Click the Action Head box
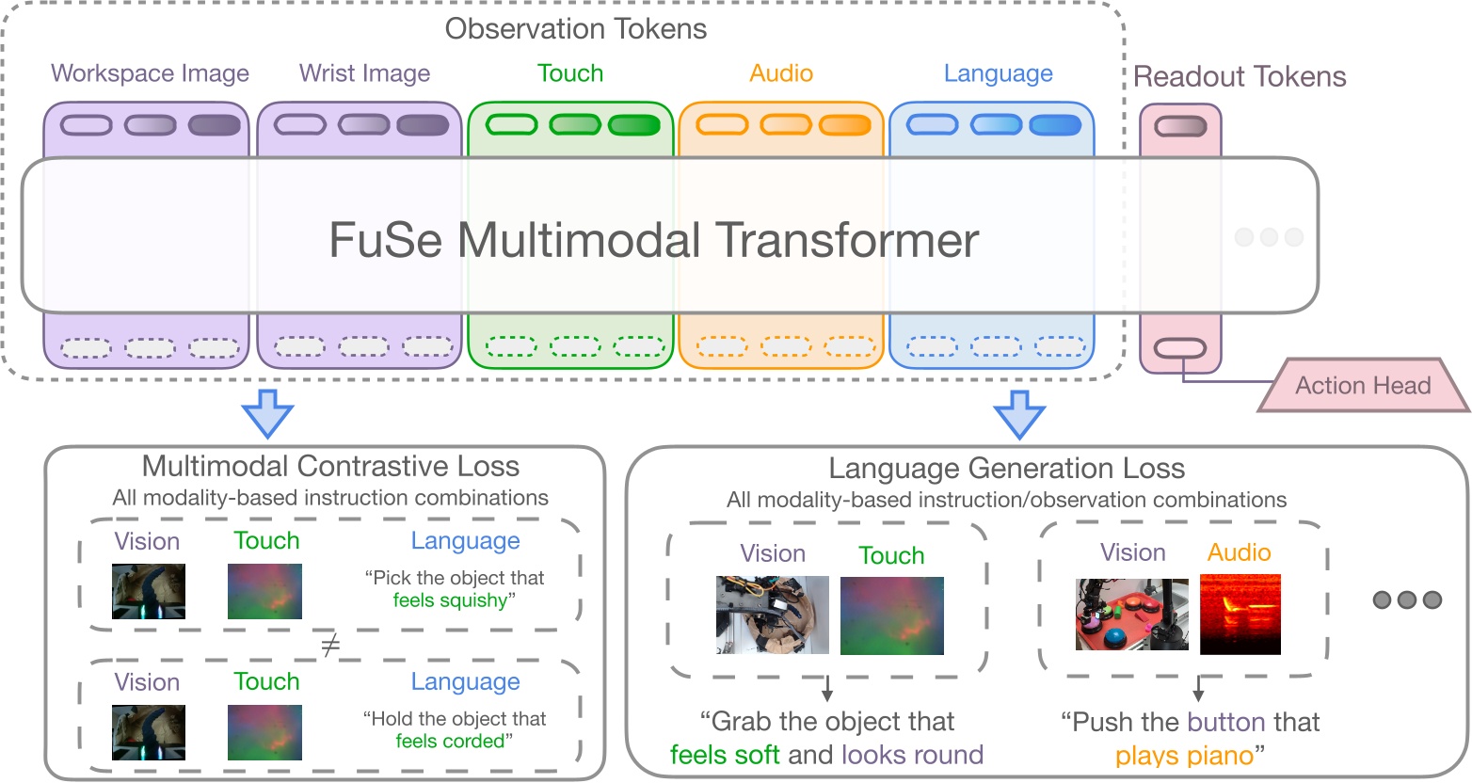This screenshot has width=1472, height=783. (1363, 385)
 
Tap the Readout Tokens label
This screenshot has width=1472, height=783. (1240, 76)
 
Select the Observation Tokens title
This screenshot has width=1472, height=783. (575, 29)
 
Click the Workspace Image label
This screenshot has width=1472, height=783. (150, 73)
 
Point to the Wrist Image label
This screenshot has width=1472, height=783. (364, 73)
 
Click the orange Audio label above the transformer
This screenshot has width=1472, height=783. (781, 73)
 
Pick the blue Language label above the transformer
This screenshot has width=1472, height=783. (998, 73)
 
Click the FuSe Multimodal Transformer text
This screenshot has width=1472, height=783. (653, 239)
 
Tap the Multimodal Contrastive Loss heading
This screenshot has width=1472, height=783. (330, 466)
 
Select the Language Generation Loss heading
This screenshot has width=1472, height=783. (1006, 468)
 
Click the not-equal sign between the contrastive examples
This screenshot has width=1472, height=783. (329, 646)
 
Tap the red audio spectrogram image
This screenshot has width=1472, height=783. (1240, 615)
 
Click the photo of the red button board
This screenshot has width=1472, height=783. (1132, 615)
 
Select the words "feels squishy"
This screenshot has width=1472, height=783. (450, 600)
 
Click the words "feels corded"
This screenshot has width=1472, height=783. (450, 741)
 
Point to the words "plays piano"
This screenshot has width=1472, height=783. (1184, 755)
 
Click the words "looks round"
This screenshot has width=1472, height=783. (912, 755)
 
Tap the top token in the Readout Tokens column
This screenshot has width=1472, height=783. (1180, 126)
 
